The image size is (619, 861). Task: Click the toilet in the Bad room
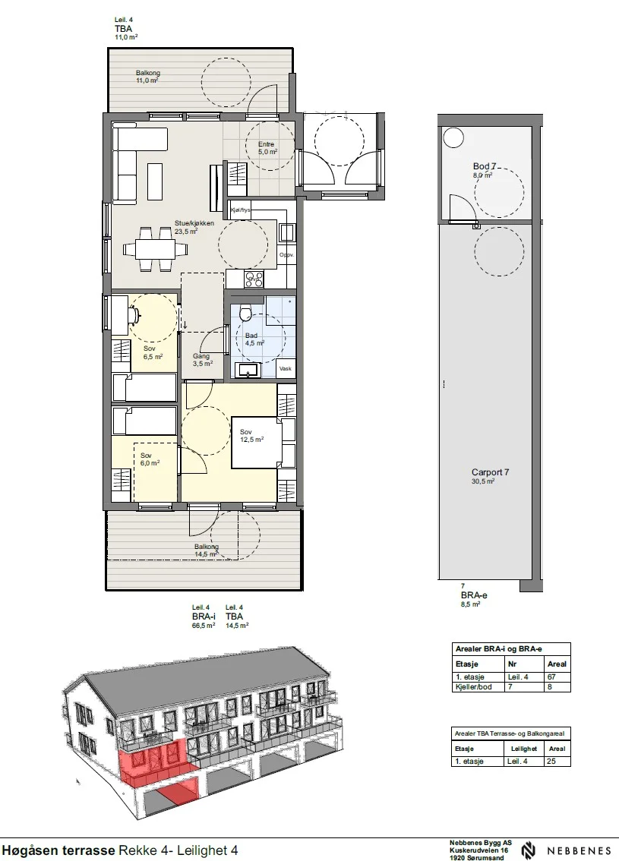(245, 313)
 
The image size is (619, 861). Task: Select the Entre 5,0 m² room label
(266, 148)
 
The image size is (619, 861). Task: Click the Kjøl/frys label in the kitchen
(241, 210)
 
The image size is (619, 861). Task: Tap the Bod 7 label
(485, 166)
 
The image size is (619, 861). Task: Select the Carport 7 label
(491, 472)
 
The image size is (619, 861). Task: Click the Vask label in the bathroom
(285, 368)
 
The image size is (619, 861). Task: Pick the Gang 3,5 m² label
(202, 360)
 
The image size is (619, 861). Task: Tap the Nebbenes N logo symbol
(529, 850)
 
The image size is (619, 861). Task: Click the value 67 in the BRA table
(551, 677)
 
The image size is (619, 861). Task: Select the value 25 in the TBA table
(551, 762)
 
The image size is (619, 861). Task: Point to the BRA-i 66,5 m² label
(204, 617)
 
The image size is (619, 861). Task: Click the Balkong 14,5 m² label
(207, 550)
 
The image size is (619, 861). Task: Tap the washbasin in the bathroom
(248, 370)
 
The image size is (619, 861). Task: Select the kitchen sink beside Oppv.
(286, 233)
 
